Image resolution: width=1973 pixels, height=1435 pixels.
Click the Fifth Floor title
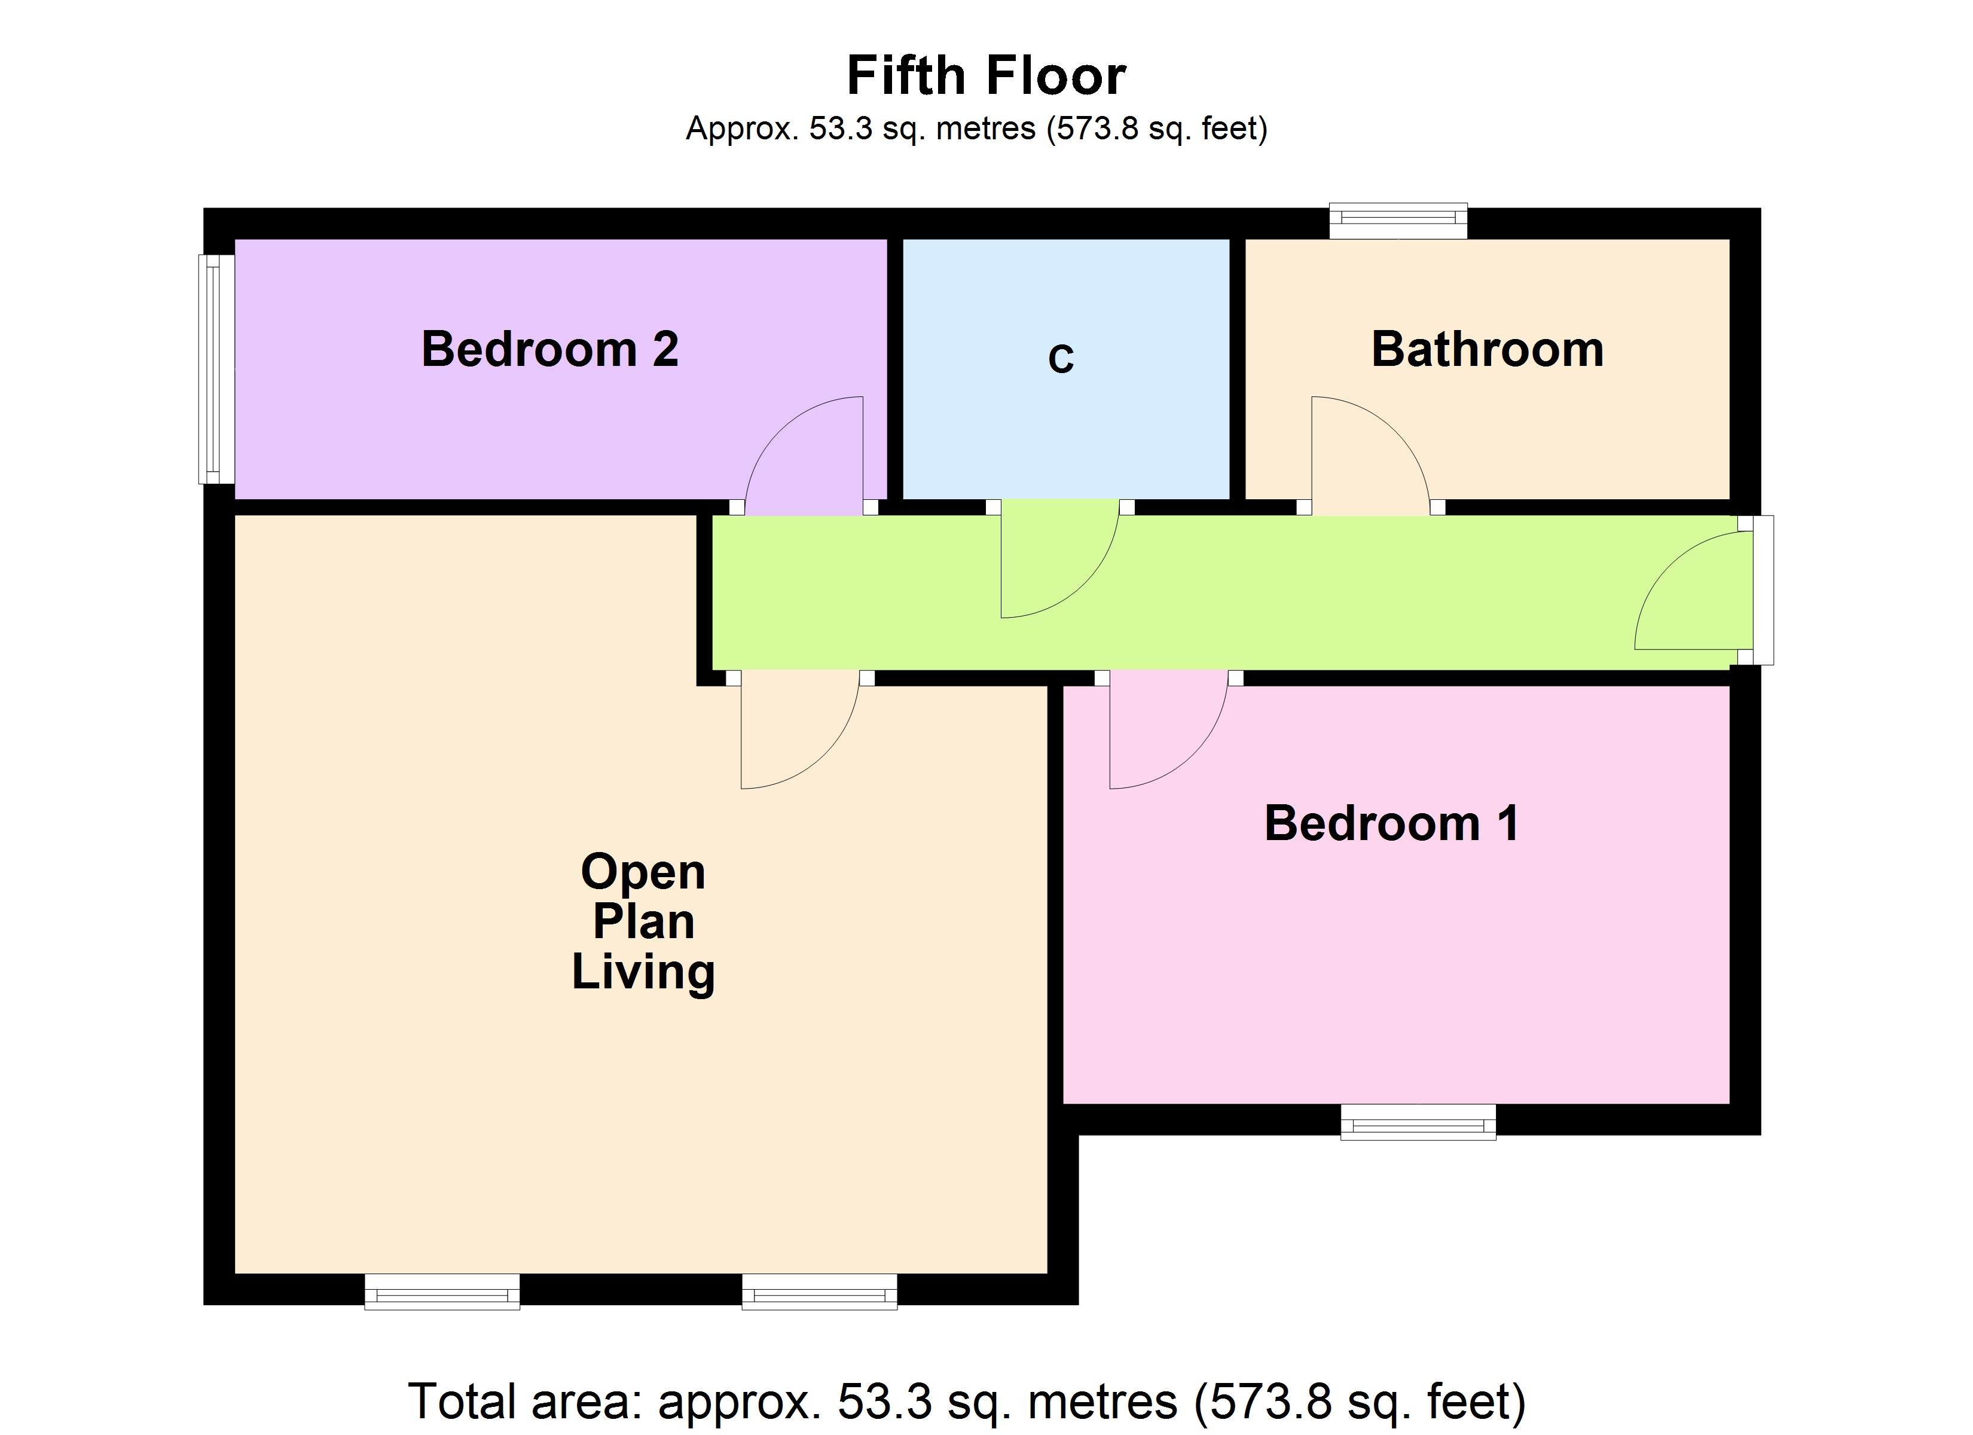[986, 76]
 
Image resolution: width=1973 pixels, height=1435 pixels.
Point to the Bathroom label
[1487, 349]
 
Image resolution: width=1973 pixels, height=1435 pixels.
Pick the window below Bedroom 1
[1418, 1122]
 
